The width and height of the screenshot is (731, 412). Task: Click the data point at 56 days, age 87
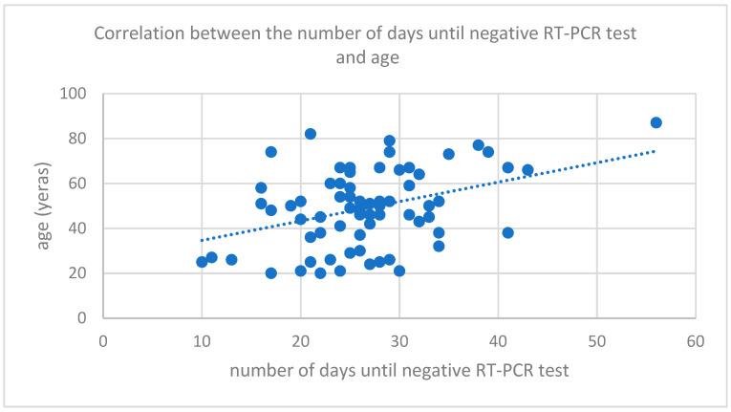(x=656, y=122)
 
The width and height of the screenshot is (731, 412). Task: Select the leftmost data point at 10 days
(x=202, y=262)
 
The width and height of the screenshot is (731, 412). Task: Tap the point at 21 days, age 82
(x=311, y=134)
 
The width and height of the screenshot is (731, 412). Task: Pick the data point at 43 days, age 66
(x=527, y=170)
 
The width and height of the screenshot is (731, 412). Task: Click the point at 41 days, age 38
(x=507, y=232)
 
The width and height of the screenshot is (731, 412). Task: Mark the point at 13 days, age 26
(x=231, y=260)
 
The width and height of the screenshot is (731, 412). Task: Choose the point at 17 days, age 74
(x=270, y=152)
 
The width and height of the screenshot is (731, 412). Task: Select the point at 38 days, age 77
(x=478, y=145)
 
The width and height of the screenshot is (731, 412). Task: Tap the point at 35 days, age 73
(x=448, y=154)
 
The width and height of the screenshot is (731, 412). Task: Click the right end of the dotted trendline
(x=656, y=151)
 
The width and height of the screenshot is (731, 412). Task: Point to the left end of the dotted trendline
(x=202, y=240)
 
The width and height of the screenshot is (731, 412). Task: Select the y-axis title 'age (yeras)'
(x=44, y=206)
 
